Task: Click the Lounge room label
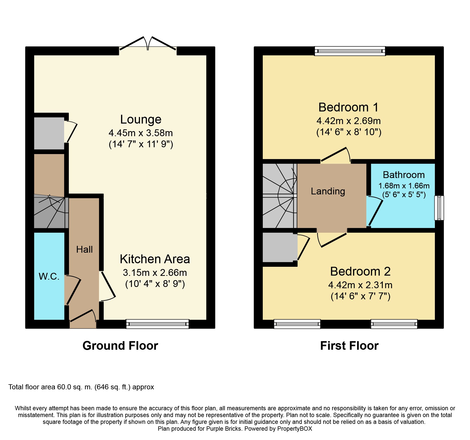tap(141, 120)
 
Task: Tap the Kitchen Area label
tap(155, 259)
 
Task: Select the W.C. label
tap(49, 277)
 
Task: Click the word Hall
tap(84, 250)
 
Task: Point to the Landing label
tap(328, 191)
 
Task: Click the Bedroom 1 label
tap(348, 107)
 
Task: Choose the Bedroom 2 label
tap(360, 272)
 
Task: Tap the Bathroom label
tap(404, 175)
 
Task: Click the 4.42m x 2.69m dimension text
tap(348, 121)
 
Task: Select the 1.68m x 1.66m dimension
tap(404, 186)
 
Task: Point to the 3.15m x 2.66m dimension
tap(155, 273)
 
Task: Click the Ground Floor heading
tap(120, 346)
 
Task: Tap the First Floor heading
tap(349, 346)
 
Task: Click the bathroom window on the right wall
tap(439, 208)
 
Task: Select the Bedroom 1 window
tap(350, 51)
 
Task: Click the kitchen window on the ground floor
tap(157, 324)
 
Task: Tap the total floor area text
tap(81, 387)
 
